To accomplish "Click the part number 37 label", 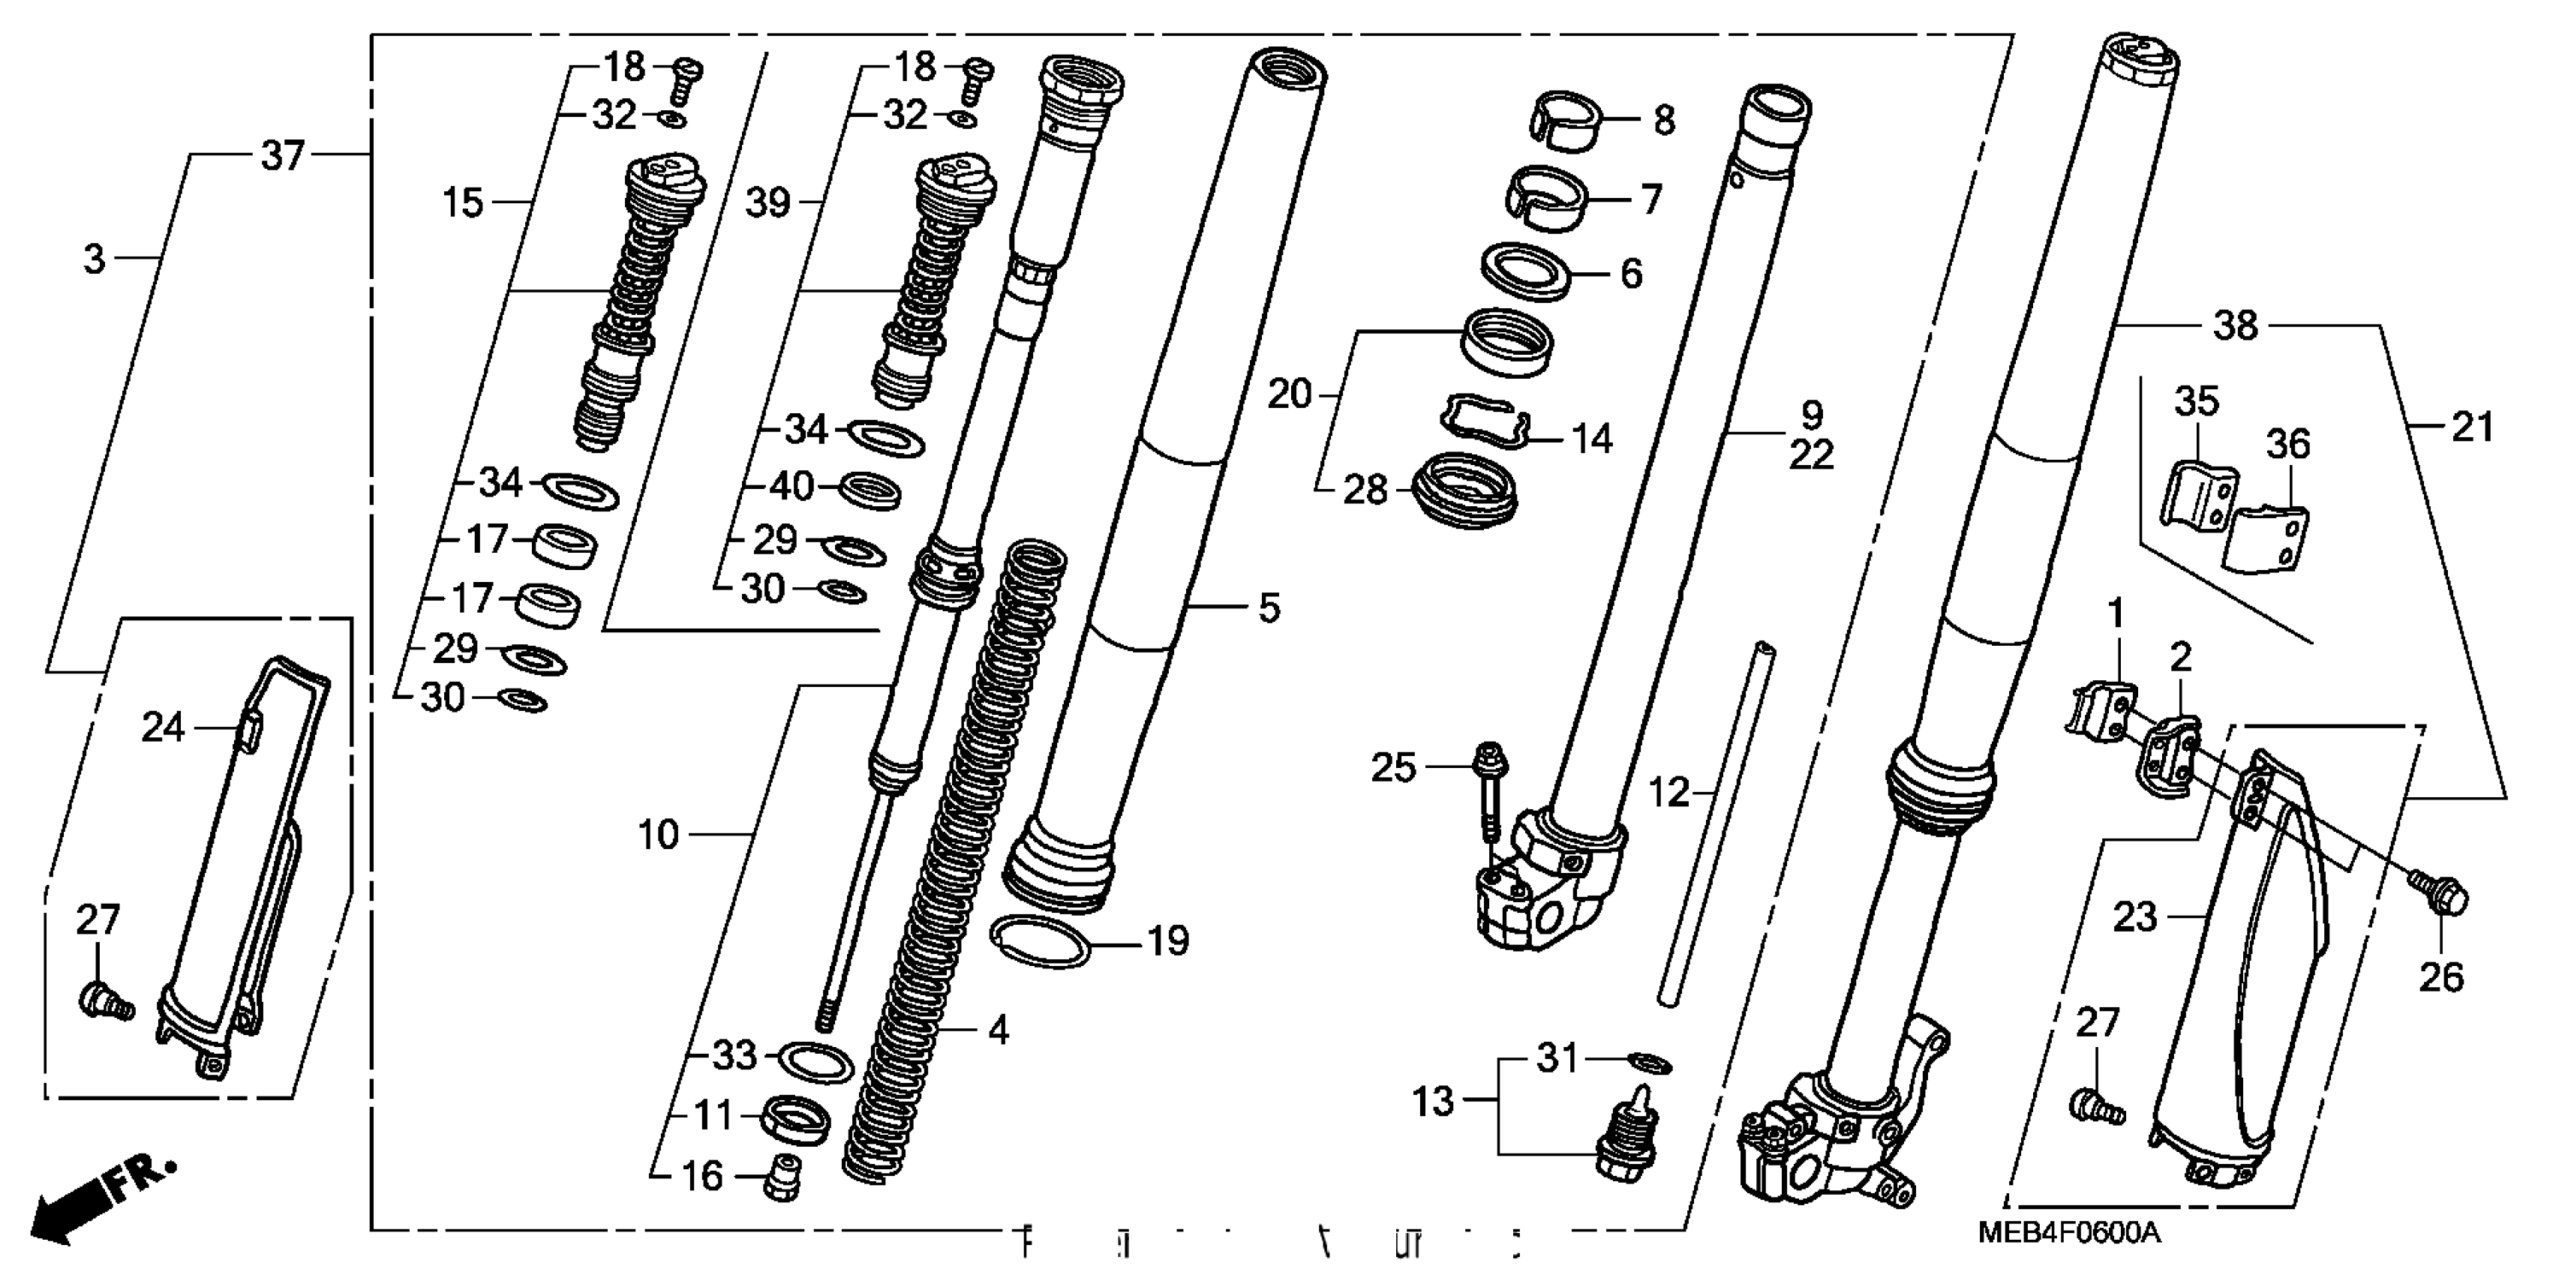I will [282, 155].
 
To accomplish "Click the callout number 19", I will [1167, 941].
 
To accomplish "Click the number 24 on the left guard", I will [163, 727].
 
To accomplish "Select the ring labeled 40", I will [870, 488].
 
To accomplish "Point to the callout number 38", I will [2236, 325].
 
